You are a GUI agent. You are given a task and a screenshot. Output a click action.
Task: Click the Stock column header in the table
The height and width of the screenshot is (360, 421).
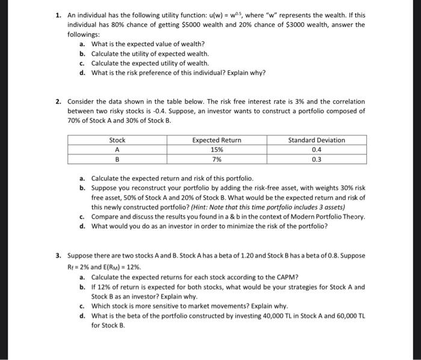point(117,140)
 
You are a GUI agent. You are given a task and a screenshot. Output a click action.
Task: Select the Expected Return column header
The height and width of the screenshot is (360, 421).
point(217,140)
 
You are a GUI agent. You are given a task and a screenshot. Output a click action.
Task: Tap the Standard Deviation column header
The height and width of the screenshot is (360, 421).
point(316,140)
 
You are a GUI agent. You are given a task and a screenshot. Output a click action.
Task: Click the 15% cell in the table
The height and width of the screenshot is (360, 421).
point(217,150)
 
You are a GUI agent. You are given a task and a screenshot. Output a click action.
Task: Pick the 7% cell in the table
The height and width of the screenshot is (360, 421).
point(217,160)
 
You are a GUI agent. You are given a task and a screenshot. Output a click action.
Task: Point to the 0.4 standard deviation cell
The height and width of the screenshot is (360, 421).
point(316,150)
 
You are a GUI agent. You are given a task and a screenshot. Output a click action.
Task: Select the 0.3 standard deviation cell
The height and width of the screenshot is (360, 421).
point(316,160)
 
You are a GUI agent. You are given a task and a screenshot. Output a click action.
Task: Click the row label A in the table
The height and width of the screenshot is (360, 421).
point(117,150)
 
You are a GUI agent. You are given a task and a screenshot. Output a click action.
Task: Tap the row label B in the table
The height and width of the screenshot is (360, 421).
point(117,160)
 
